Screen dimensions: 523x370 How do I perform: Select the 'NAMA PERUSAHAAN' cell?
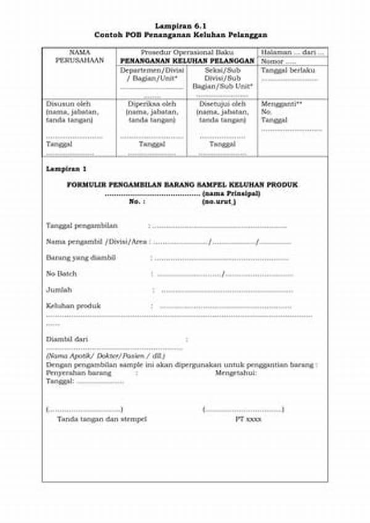[x=80, y=57]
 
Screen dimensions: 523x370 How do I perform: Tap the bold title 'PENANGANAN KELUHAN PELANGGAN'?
[x=187, y=62]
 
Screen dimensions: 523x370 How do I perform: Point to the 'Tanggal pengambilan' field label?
[x=81, y=225]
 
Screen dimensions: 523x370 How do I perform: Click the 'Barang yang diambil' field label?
[x=81, y=257]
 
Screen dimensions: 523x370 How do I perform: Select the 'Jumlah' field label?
[x=59, y=290]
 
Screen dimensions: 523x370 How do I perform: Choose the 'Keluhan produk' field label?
[x=73, y=306]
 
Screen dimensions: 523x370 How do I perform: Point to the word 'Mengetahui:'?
[x=236, y=373]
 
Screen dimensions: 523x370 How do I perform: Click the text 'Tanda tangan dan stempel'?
[x=102, y=419]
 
